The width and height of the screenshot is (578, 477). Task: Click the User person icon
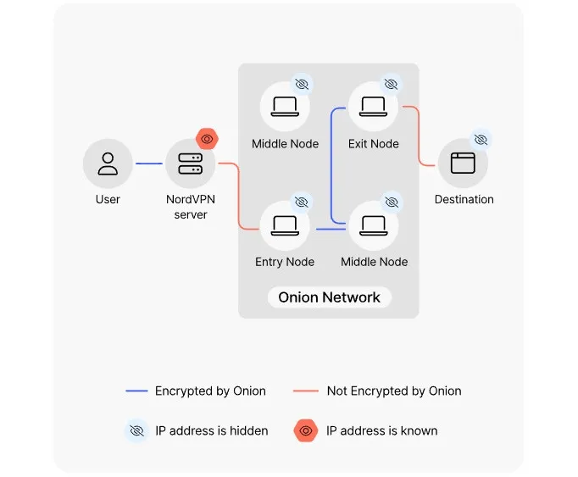pyautogui.click(x=108, y=164)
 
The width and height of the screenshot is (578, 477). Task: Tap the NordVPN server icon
pyautogui.click(x=190, y=164)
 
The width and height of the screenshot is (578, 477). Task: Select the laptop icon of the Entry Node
pyautogui.click(x=285, y=225)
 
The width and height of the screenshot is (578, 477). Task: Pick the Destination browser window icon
pyautogui.click(x=462, y=163)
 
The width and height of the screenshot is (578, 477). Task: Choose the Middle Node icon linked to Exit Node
pyautogui.click(x=373, y=225)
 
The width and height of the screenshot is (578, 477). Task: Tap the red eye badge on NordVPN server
pyautogui.click(x=207, y=138)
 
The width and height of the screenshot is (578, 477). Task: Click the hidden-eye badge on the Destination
pyautogui.click(x=481, y=139)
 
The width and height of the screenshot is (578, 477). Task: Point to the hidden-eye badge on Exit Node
pyautogui.click(x=391, y=84)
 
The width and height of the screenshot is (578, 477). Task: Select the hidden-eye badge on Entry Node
pyautogui.click(x=301, y=202)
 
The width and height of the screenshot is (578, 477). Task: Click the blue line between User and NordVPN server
pyautogui.click(x=149, y=164)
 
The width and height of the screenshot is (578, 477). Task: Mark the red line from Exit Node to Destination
pyautogui.click(x=420, y=136)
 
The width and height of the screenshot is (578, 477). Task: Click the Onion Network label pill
pyautogui.click(x=329, y=297)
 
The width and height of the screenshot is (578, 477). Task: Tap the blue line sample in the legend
pyautogui.click(x=136, y=391)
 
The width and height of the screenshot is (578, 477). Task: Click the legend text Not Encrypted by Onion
pyautogui.click(x=394, y=391)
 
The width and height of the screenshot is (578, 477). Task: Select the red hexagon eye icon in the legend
pyautogui.click(x=306, y=430)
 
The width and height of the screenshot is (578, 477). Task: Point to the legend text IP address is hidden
pyautogui.click(x=211, y=430)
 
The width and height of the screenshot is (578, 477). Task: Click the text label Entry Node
pyautogui.click(x=285, y=262)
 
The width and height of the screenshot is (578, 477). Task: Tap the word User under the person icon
pyautogui.click(x=108, y=200)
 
